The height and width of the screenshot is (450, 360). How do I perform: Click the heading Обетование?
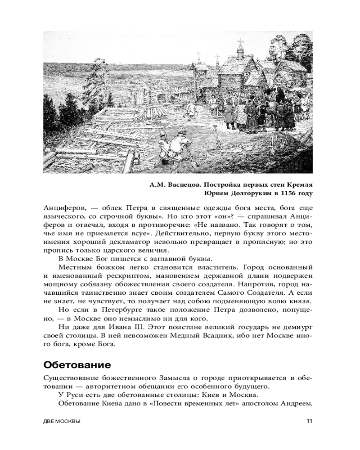coord(76,364)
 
